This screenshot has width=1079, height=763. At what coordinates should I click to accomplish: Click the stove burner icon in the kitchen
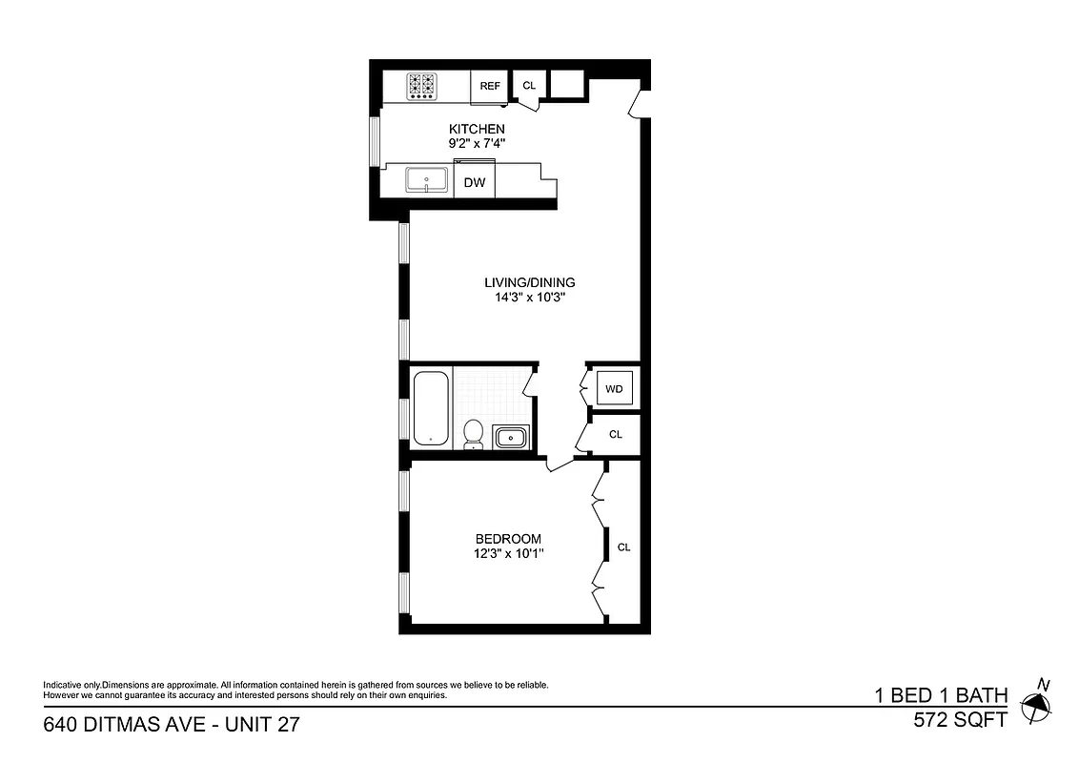pyautogui.click(x=422, y=86)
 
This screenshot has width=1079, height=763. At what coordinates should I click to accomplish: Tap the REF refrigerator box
pyautogui.click(x=490, y=86)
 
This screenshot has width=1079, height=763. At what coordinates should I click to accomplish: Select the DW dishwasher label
pyautogui.click(x=474, y=182)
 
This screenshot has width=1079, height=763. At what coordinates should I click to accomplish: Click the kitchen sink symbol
pyautogui.click(x=427, y=179)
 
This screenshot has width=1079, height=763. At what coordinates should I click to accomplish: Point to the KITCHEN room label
pyautogui.click(x=477, y=129)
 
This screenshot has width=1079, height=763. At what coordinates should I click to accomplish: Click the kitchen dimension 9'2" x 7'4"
pyautogui.click(x=477, y=143)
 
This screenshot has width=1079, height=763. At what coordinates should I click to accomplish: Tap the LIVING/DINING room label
pyautogui.click(x=530, y=282)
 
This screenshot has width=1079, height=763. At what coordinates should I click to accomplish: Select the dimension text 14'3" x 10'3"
pyautogui.click(x=530, y=297)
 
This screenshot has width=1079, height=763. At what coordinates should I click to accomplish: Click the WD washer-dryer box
pyautogui.click(x=615, y=388)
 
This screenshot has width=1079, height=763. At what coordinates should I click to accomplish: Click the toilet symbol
pyautogui.click(x=472, y=435)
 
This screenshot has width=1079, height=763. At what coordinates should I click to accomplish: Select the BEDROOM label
pyautogui.click(x=508, y=539)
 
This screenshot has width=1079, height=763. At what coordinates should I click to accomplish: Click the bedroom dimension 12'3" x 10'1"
pyautogui.click(x=508, y=553)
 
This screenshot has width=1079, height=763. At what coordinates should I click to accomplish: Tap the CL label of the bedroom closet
pyautogui.click(x=624, y=547)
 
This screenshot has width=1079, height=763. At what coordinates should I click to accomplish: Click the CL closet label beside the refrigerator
pyautogui.click(x=529, y=86)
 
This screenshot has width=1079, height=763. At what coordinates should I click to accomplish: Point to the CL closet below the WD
pyautogui.click(x=616, y=435)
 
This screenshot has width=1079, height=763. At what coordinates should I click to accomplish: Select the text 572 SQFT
pyautogui.click(x=959, y=721)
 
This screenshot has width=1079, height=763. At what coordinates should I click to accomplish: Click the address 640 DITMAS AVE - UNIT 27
pyautogui.click(x=172, y=725)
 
